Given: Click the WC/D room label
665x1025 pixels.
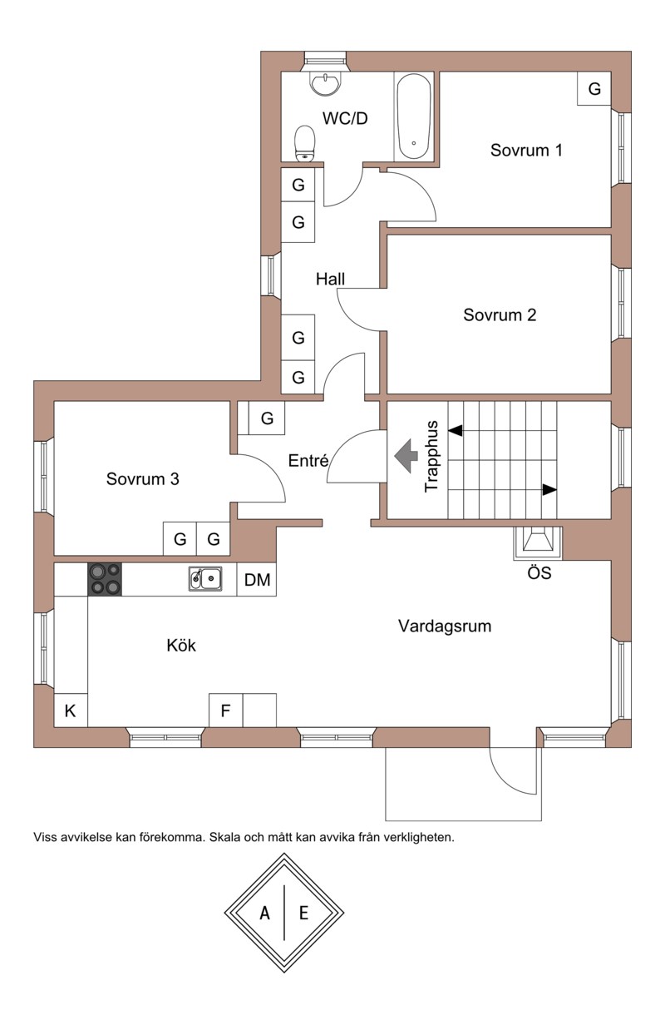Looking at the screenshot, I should [x=345, y=119].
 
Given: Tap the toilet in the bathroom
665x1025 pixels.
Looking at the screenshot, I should [x=305, y=142].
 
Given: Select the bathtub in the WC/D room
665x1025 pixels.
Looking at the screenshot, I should [x=413, y=117].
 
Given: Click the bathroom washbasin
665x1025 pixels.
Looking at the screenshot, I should [x=323, y=82].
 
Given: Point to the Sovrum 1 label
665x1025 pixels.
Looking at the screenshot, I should [x=526, y=151].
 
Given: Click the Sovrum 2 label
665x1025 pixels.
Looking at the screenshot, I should [x=500, y=315].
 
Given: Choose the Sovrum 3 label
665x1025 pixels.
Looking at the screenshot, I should [x=143, y=479].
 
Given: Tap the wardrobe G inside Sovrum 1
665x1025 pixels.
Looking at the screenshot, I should [x=594, y=89].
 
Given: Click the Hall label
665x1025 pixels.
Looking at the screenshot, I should [x=330, y=280].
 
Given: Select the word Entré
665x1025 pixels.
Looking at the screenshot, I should [x=309, y=461].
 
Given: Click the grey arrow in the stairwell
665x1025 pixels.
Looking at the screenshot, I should [x=406, y=456].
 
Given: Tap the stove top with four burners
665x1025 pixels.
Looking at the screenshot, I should [x=105, y=579].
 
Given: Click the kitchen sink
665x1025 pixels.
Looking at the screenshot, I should [x=205, y=577].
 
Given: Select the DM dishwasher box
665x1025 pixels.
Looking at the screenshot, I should [x=258, y=580].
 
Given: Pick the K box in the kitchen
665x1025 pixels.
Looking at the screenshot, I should [x=71, y=711].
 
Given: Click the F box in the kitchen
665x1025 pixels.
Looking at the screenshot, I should [x=225, y=711].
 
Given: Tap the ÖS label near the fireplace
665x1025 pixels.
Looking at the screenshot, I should [x=539, y=573].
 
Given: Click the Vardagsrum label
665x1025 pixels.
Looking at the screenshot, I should [x=444, y=626].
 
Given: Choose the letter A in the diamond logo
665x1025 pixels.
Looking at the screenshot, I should [x=265, y=914].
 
